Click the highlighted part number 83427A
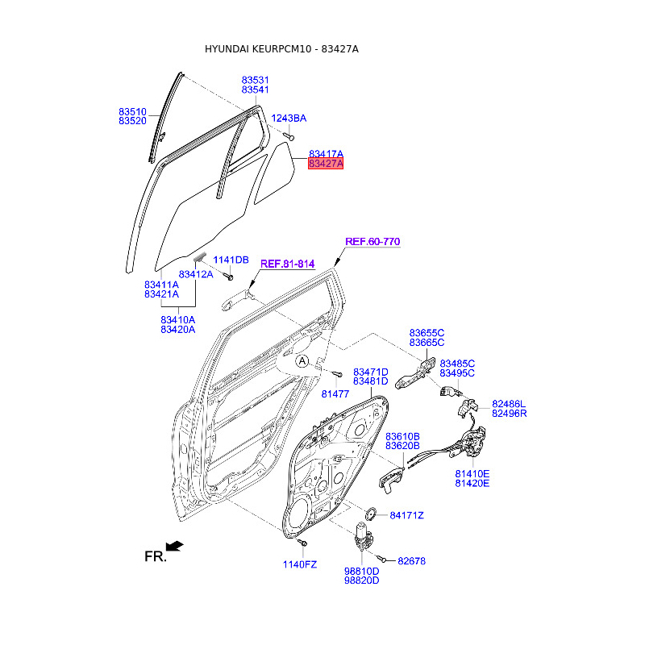click(326, 164)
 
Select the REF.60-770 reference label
click(372, 242)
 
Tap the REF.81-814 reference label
click(287, 263)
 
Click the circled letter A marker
click(302, 362)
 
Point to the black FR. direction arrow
click(174, 547)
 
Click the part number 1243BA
click(289, 119)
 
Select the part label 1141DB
click(231, 260)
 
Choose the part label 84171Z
click(407, 515)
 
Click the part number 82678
click(411, 560)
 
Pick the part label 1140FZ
click(300, 564)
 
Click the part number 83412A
click(196, 274)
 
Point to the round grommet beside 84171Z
click(372, 514)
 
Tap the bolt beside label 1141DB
click(229, 277)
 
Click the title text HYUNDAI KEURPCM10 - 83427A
click(281, 49)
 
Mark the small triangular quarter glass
click(275, 172)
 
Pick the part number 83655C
click(427, 332)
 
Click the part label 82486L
click(509, 403)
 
